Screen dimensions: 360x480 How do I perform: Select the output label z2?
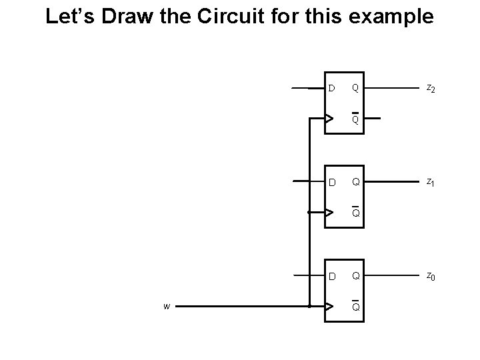point(431,88)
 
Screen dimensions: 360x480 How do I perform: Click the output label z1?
point(431,182)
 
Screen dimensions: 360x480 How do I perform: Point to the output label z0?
point(431,276)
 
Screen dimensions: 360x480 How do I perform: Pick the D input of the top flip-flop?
point(331,88)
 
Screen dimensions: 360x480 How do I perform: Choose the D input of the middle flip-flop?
point(331,182)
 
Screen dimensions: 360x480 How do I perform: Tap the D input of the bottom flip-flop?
point(331,276)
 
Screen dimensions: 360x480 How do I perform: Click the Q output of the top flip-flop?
point(356,88)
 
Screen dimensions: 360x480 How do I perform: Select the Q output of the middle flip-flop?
point(356,182)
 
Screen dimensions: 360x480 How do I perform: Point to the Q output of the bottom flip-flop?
point(356,276)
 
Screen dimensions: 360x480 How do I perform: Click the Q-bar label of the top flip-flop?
point(356,119)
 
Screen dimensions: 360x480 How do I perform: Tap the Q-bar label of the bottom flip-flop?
point(356,307)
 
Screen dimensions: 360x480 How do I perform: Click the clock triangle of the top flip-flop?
point(329,119)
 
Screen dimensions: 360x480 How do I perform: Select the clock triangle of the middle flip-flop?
point(329,213)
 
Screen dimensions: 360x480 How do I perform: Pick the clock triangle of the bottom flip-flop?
point(329,307)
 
